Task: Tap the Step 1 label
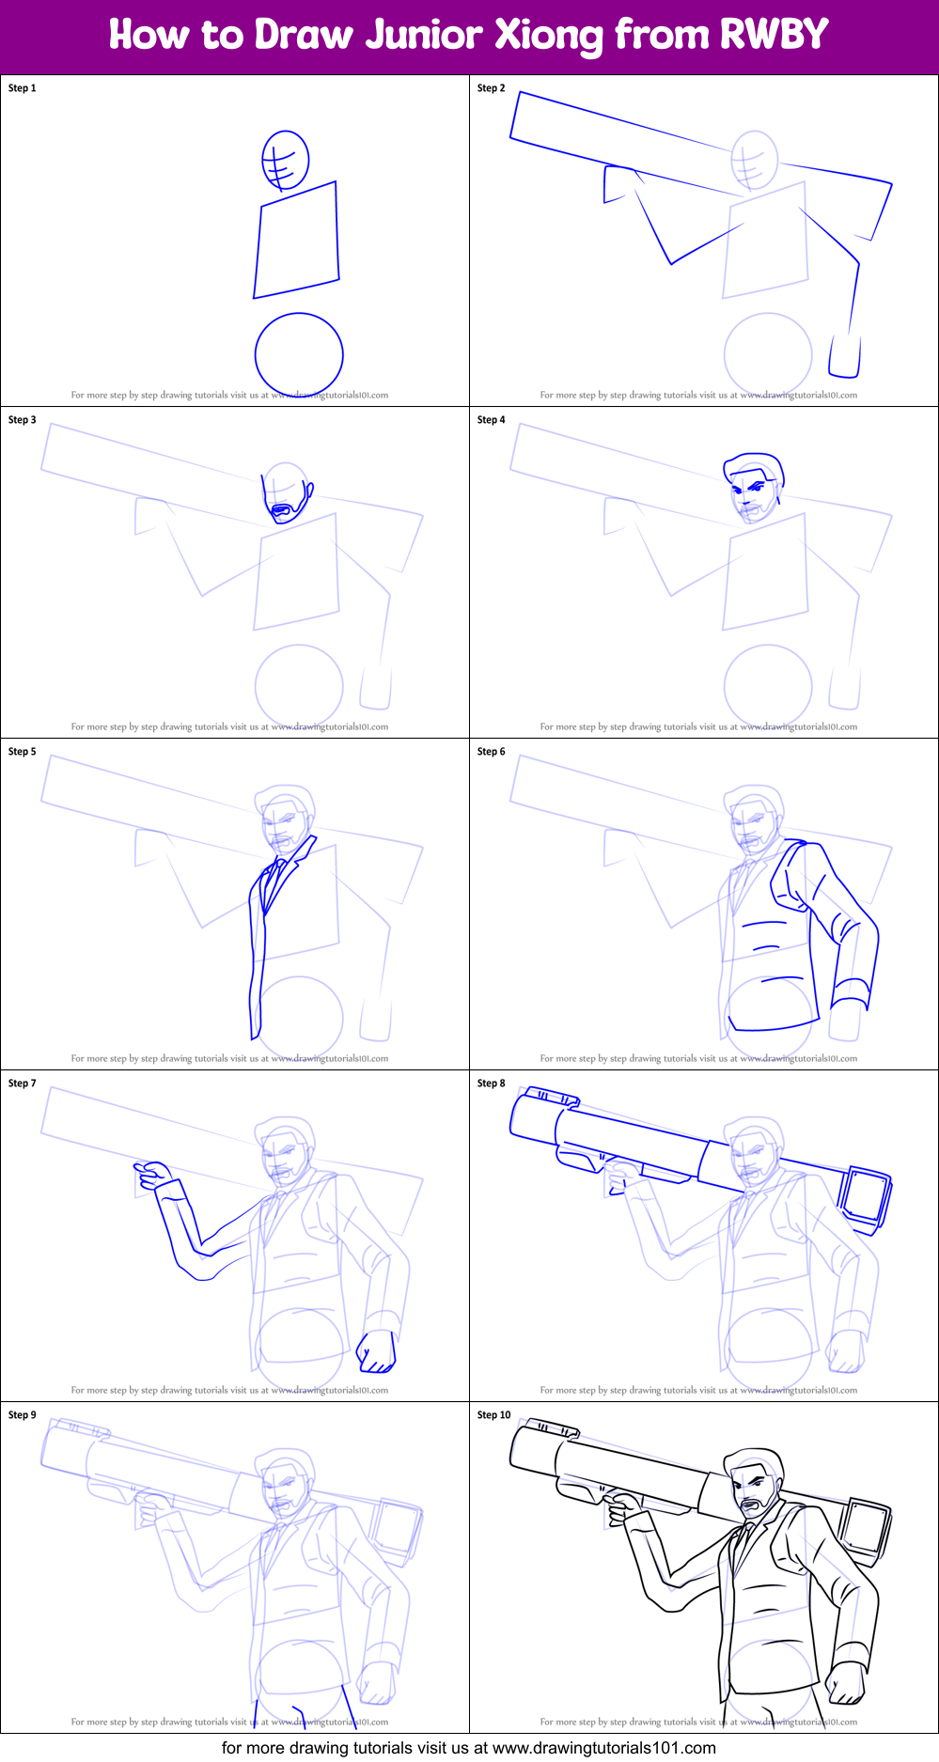pos(22,88)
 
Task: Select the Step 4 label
pos(491,420)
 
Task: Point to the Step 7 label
pos(22,1084)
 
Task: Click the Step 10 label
pos(493,1415)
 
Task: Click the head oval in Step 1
pos(286,160)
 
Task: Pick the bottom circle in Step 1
pos(299,354)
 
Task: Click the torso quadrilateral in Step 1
pos(297,241)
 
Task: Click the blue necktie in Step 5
pos(274,881)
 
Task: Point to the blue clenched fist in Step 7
pos(377,1351)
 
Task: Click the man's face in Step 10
pos(755,1490)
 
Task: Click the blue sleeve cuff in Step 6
pos(851,991)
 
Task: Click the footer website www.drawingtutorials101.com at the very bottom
pos(603,1748)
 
